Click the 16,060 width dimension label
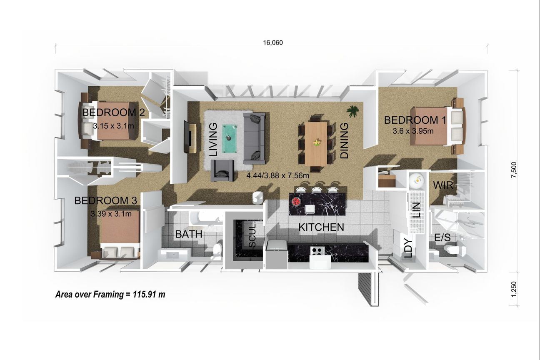pyautogui.click(x=273, y=42)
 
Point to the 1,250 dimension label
pyautogui.click(x=514, y=289)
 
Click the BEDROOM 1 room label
pyautogui.click(x=415, y=120)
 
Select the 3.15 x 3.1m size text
pyautogui.click(x=113, y=126)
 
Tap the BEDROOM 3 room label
pyautogui.click(x=105, y=200)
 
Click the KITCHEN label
pyautogui.click(x=321, y=227)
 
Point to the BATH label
pyautogui.click(x=188, y=234)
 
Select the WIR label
pyautogui.click(x=443, y=185)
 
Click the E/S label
pyautogui.click(x=442, y=237)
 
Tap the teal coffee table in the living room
pyautogui.click(x=229, y=139)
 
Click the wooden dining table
pyautogui.click(x=316, y=144)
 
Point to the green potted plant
pyautogui.click(x=352, y=111)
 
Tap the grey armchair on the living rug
pyautogui.click(x=222, y=171)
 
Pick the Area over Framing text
pyautogui.click(x=110, y=295)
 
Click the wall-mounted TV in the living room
pyautogui.click(x=186, y=137)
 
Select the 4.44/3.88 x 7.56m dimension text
pyautogui.click(x=278, y=175)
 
